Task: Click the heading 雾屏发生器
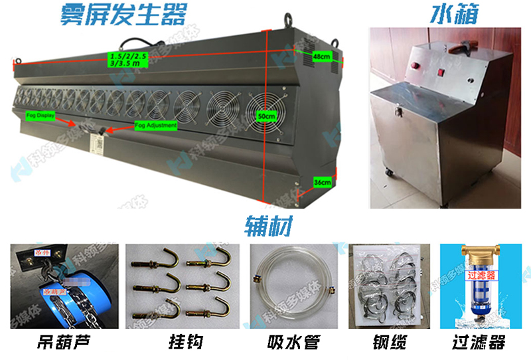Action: pyautogui.click(x=123, y=13)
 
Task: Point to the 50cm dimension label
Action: pyautogui.click(x=266, y=116)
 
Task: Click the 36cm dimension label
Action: pyautogui.click(x=322, y=181)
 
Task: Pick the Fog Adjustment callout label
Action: pyautogui.click(x=156, y=125)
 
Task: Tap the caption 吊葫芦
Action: pyautogui.click(x=64, y=343)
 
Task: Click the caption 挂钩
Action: pyautogui.click(x=181, y=343)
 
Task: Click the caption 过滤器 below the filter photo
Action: pyautogui.click(x=483, y=343)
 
